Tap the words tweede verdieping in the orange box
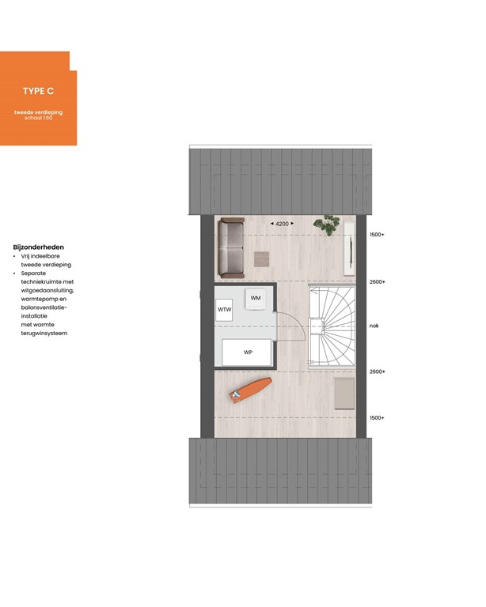tap(38, 113)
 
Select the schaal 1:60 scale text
tap(38, 119)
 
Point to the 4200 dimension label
tap(283, 224)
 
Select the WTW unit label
tap(225, 310)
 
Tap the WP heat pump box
tap(247, 352)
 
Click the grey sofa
tap(233, 247)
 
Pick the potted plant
tap(325, 224)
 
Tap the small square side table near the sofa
tap(261, 259)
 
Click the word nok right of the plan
tap(374, 326)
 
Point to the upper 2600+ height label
tap(377, 281)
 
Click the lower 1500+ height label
tap(377, 417)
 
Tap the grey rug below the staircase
tap(344, 394)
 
